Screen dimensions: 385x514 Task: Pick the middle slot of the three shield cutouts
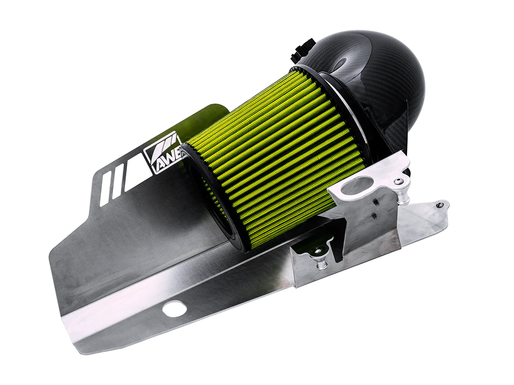pyautogui.click(x=117, y=185)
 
